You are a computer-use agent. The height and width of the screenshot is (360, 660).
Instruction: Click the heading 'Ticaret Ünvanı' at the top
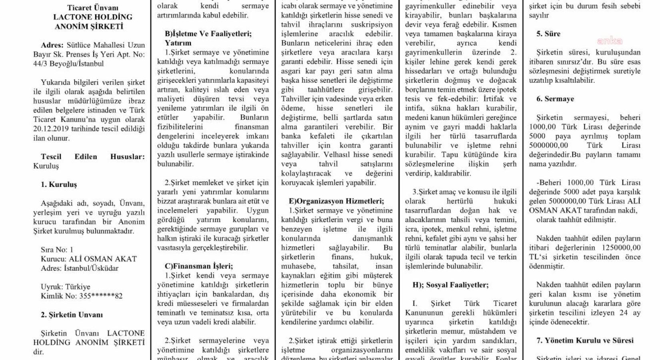(x=93, y=8)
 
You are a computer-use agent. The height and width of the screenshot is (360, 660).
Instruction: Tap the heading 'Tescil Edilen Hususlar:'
(x=92, y=156)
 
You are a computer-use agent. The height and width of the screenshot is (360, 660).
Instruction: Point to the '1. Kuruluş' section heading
(x=58, y=184)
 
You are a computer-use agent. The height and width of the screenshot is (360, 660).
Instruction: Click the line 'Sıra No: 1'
(x=57, y=250)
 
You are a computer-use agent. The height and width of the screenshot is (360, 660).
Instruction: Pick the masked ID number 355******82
(x=101, y=296)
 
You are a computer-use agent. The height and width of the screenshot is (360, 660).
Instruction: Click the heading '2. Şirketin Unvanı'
(x=72, y=315)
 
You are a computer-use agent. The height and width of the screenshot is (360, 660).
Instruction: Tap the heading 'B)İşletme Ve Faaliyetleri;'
(x=208, y=34)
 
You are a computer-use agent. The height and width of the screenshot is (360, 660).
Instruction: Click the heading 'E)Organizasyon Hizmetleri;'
(x=336, y=201)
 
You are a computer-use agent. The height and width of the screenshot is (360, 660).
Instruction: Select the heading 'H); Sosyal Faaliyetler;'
(x=450, y=285)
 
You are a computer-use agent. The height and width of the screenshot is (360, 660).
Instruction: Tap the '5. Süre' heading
(x=548, y=34)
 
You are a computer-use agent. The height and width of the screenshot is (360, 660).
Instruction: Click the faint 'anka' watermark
(x=610, y=41)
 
